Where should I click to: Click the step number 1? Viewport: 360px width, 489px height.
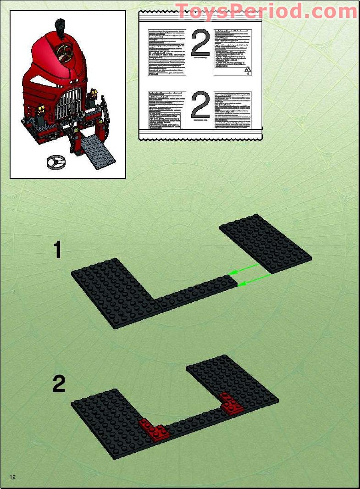tap(57, 251)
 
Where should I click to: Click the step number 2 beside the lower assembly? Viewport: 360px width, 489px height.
tap(59, 384)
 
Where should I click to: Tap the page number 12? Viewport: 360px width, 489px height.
tap(12, 477)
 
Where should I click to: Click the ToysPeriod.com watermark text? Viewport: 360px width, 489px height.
tap(266, 11)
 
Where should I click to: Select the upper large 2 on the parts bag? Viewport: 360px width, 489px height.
tap(200, 44)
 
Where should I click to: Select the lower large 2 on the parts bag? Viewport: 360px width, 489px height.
tap(200, 106)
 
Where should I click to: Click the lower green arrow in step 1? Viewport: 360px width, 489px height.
tap(255, 280)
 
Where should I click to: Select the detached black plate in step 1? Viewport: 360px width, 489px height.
tap(266, 243)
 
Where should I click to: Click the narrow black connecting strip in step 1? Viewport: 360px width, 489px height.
tap(197, 294)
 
